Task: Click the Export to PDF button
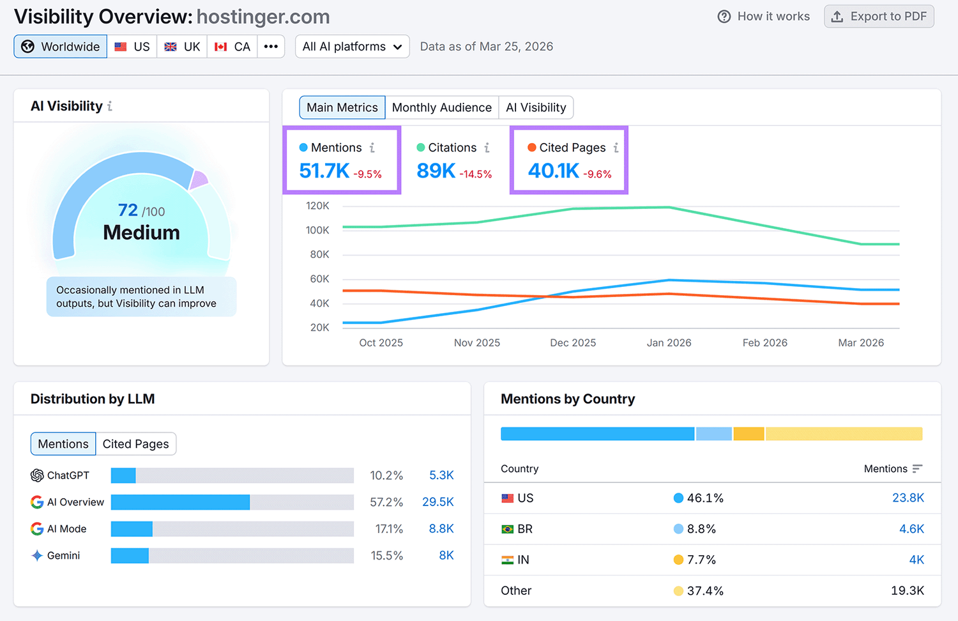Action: point(879,17)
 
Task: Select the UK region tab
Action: point(182,47)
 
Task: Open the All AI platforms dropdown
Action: point(352,47)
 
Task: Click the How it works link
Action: point(764,17)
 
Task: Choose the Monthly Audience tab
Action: point(441,107)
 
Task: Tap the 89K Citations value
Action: point(436,171)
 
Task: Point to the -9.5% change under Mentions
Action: point(367,174)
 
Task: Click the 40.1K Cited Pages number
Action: point(553,171)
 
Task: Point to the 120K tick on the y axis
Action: point(317,206)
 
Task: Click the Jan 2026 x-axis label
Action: point(669,343)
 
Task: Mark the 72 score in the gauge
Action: point(128,210)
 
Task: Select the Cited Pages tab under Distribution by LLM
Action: point(135,444)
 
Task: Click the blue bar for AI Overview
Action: point(180,502)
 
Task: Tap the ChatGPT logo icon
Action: point(37,475)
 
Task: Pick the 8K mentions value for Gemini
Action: point(446,556)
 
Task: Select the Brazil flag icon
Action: point(508,529)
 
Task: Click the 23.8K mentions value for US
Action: point(908,498)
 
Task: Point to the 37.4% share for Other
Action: point(705,591)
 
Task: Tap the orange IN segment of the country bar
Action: point(749,434)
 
